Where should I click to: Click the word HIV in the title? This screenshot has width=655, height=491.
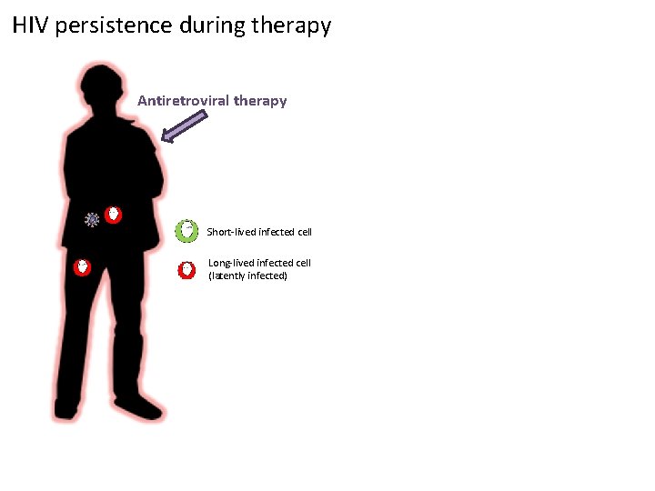[31, 25]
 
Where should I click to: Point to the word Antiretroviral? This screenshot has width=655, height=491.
[183, 101]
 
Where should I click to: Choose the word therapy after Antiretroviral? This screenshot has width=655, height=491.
[259, 101]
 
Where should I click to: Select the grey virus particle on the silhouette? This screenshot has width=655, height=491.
[92, 219]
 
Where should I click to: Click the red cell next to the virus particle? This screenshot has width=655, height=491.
[113, 215]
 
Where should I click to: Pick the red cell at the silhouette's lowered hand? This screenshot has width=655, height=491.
[82, 267]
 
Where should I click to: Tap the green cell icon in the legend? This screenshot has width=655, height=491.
[186, 231]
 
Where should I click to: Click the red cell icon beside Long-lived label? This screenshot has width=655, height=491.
[186, 269]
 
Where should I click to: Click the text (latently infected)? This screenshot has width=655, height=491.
[247, 276]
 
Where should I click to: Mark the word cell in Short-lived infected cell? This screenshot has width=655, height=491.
[303, 232]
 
